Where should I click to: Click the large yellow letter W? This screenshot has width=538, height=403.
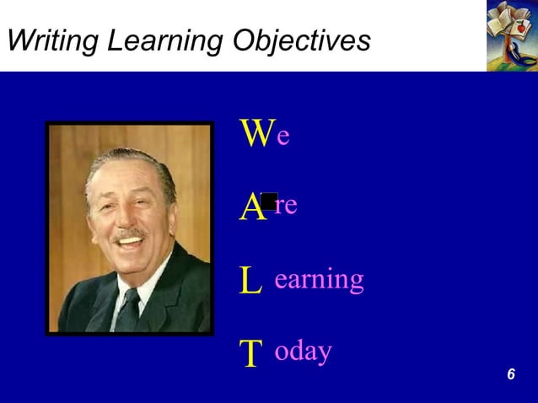(256, 134)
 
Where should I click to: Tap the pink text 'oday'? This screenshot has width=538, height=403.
(304, 352)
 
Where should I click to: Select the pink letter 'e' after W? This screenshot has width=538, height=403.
(283, 136)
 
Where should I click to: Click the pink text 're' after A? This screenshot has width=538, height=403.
(287, 206)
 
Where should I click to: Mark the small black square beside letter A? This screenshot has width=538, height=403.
(269, 201)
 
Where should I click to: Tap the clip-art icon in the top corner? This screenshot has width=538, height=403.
(512, 35)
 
